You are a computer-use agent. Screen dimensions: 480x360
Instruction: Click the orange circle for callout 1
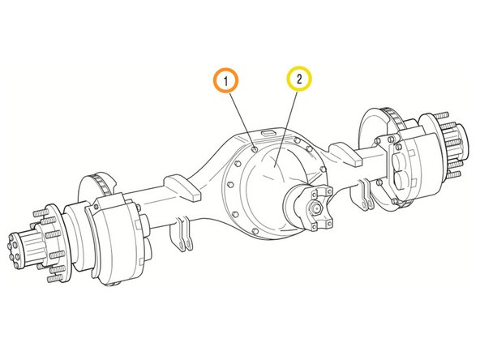point(225,80)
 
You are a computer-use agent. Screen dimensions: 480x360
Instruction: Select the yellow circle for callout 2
point(299,79)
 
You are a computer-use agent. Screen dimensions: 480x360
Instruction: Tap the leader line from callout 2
point(286,129)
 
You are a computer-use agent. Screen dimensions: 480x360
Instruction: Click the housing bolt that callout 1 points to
point(255,149)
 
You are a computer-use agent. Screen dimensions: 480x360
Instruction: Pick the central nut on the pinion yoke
point(316,208)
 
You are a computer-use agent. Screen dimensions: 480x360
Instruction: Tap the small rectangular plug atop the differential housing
point(268,133)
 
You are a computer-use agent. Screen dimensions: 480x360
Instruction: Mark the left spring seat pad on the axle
point(182,187)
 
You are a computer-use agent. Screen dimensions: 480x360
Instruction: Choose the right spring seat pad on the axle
point(345,154)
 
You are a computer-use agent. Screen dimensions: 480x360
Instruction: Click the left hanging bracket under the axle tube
point(182,234)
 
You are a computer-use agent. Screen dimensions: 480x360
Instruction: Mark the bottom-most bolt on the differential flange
point(255,231)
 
